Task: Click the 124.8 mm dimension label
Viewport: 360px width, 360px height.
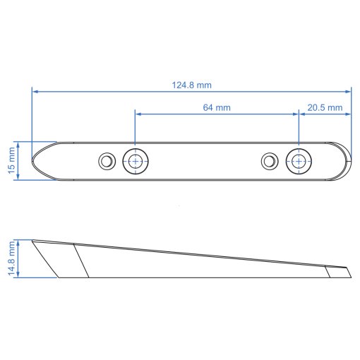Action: [x=192, y=85]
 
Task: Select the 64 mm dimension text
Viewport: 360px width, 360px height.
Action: [x=217, y=107]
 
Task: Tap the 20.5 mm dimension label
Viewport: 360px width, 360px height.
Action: [x=325, y=107]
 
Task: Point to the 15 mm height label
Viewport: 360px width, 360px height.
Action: [x=11, y=160]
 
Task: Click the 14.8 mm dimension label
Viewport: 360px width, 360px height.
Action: [x=11, y=258]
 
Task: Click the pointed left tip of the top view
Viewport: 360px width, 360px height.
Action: [x=32, y=161]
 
